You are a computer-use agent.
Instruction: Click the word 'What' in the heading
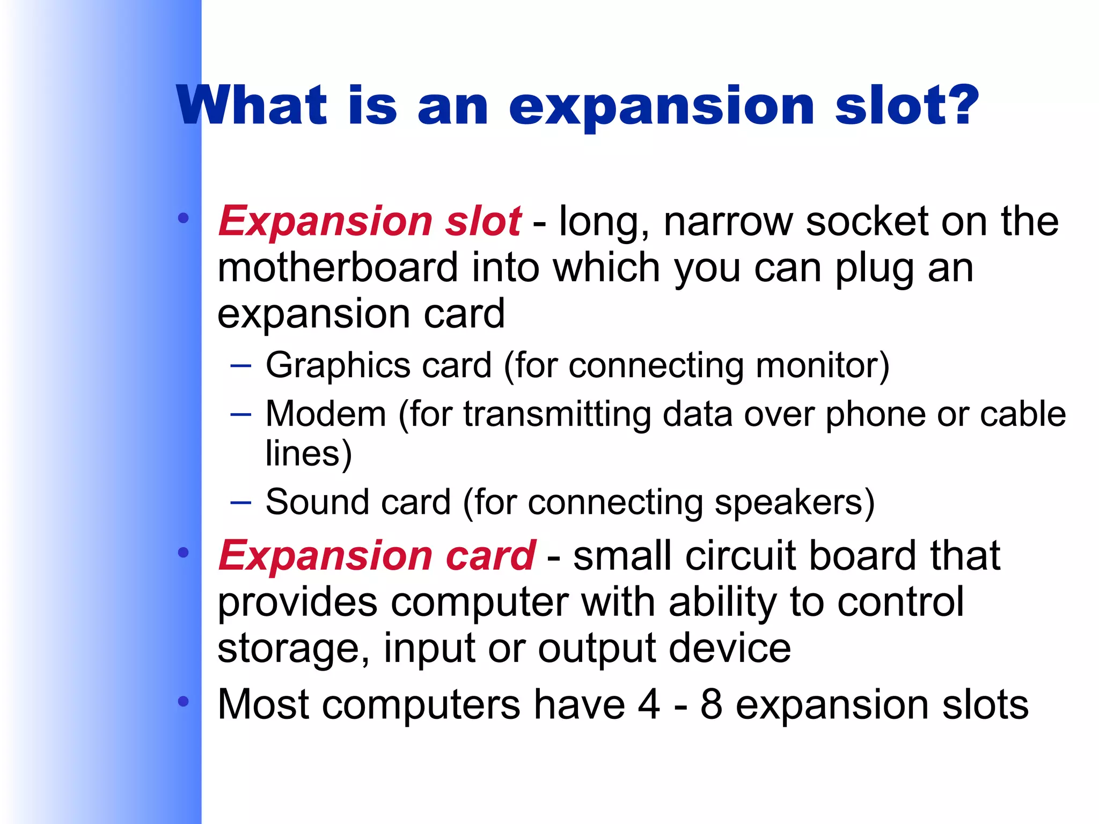252,106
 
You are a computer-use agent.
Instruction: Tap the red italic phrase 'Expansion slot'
370,221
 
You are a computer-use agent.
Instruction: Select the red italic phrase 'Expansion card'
377,555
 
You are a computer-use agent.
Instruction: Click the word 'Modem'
326,414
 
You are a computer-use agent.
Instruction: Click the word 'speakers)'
795,502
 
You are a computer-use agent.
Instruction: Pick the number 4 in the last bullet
649,704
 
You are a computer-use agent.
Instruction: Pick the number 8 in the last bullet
711,704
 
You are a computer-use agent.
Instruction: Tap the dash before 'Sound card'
240,503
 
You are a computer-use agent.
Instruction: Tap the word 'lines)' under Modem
309,454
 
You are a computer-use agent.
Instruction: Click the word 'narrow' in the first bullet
728,221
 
